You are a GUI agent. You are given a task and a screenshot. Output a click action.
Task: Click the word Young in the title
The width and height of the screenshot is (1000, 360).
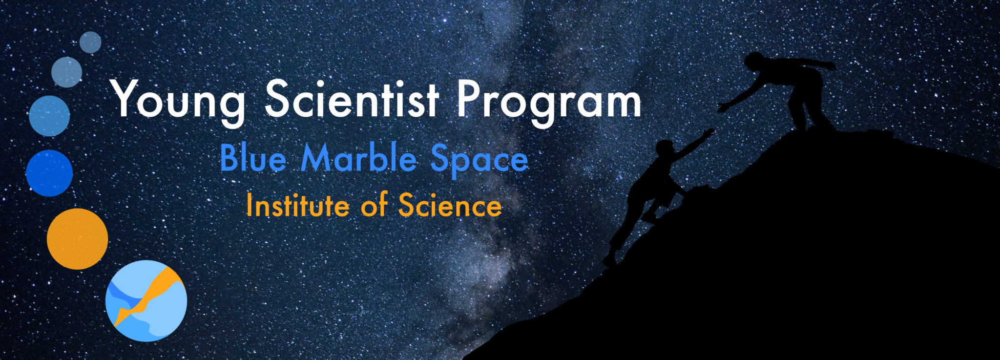178,100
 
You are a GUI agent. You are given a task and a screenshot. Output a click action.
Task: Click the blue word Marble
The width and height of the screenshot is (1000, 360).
358,158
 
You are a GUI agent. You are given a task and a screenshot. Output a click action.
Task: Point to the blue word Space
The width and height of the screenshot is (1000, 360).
479,159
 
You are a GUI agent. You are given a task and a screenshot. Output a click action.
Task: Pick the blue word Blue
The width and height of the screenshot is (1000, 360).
252,158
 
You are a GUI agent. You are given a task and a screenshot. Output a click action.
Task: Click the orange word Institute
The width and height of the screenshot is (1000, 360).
297,205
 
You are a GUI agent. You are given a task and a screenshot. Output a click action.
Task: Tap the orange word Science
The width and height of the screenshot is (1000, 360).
450,205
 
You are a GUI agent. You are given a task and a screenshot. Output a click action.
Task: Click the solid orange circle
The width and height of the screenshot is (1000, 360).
77,239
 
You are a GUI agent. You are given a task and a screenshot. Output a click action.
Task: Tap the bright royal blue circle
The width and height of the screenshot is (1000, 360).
49,173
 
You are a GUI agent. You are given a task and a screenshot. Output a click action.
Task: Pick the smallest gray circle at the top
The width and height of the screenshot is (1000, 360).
90,42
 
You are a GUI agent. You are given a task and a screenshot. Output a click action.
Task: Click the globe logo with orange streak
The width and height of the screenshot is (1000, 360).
146,301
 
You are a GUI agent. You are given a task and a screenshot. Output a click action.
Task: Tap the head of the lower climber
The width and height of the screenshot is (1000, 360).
665,148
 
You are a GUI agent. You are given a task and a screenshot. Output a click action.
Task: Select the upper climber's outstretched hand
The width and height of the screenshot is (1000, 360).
724,107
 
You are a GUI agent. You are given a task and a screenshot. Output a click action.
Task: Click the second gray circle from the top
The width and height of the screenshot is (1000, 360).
66,72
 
